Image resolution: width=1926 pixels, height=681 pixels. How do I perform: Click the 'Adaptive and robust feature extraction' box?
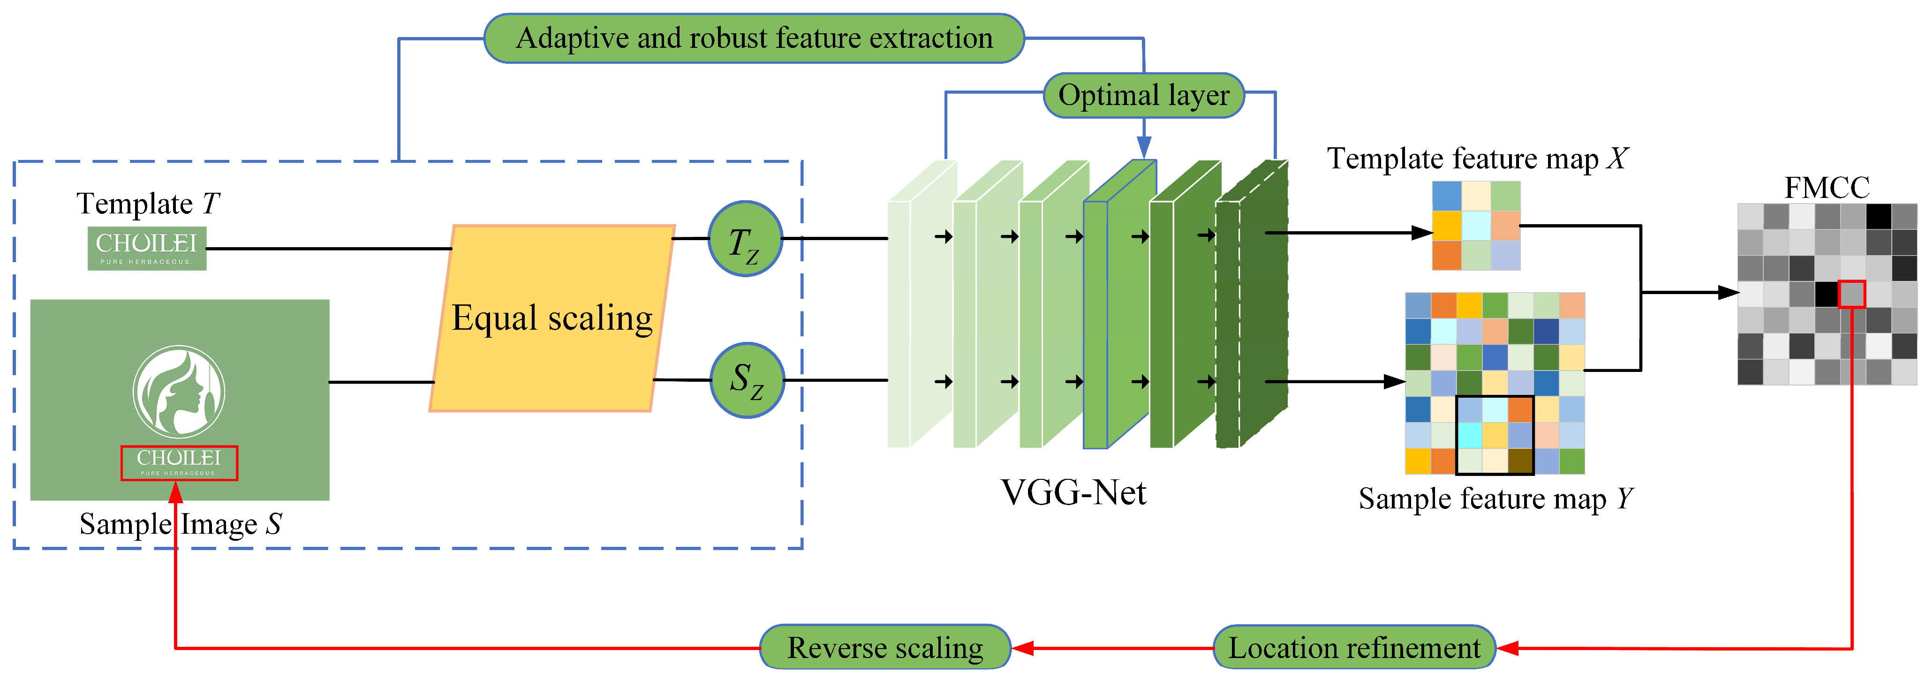click(x=754, y=38)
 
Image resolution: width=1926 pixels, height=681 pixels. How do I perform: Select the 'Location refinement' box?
click(x=1353, y=647)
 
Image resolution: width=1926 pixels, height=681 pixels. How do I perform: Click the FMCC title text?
click(x=1827, y=187)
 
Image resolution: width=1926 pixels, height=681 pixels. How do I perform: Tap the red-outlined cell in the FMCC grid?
click(x=1851, y=294)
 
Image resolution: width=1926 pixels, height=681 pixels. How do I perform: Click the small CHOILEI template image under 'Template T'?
click(x=146, y=248)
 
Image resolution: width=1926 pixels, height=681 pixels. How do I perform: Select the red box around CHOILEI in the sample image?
click(x=180, y=463)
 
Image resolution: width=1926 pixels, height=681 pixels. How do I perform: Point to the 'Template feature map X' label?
click(x=1477, y=159)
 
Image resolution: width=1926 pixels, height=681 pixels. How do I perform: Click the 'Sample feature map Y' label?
click(x=1495, y=499)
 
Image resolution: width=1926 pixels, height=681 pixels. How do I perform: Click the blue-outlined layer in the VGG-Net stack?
click(x=1119, y=306)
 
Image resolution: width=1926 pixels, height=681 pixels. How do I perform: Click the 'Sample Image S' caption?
click(x=180, y=524)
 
